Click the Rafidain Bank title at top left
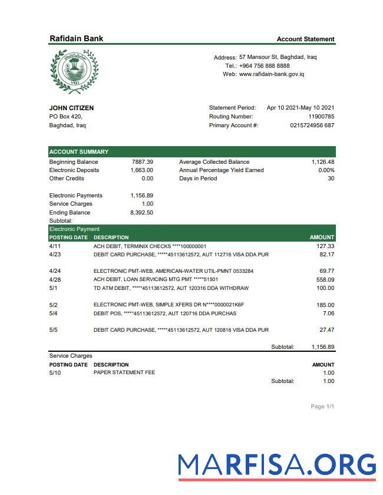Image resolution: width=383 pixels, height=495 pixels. tap(76, 38)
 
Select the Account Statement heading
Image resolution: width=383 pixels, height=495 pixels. tap(305, 39)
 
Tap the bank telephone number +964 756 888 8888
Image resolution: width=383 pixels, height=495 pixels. tap(264, 66)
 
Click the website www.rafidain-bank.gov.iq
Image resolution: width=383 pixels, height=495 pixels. tap(271, 74)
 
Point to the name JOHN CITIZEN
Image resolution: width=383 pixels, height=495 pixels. tap(71, 108)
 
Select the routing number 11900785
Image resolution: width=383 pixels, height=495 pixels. tap(321, 117)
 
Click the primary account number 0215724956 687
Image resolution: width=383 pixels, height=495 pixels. tap(312, 125)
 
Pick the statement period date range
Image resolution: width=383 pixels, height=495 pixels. tap(301, 108)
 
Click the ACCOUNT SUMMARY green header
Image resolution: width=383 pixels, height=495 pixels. tap(79, 151)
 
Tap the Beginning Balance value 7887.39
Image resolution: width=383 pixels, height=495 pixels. tap(142, 161)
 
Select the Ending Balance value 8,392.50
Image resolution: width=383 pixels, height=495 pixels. tap(142, 213)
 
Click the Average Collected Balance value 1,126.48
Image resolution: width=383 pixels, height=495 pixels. tap(323, 161)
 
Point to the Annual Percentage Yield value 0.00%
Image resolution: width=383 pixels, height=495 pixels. tap(326, 170)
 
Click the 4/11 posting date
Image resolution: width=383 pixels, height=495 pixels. tap(55, 246)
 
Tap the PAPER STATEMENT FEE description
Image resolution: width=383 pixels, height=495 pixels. tap(124, 373)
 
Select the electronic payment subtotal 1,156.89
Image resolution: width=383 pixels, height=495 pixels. tap(323, 347)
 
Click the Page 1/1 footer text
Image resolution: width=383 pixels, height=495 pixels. tap(322, 407)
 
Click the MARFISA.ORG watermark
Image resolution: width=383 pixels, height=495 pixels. tap(277, 465)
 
